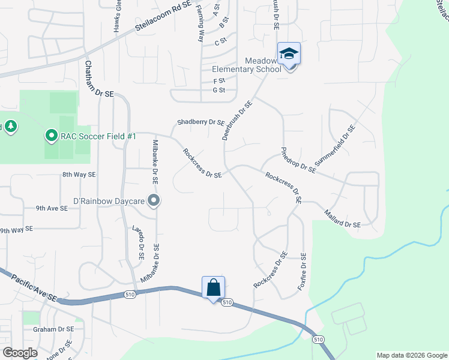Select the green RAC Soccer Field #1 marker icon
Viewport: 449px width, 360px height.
pos(51,136)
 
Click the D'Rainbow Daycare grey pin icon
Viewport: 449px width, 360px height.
pos(154,201)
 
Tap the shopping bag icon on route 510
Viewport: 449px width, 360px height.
pos(214,288)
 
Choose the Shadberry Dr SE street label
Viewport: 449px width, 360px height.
pos(200,122)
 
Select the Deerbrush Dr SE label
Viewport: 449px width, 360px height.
pos(237,120)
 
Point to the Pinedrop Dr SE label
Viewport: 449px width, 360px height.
pos(298,160)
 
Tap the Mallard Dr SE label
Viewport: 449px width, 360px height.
pos(342,218)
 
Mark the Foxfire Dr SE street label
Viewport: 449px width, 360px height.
pos(302,272)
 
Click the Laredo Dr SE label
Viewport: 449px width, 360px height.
pos(137,243)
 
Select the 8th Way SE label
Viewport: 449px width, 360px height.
pos(79,175)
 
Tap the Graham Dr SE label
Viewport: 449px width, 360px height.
pos(53,329)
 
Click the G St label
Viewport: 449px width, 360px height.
pos(218,91)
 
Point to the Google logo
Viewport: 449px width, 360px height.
pos(20,353)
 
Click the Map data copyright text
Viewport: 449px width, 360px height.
pos(411,355)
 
